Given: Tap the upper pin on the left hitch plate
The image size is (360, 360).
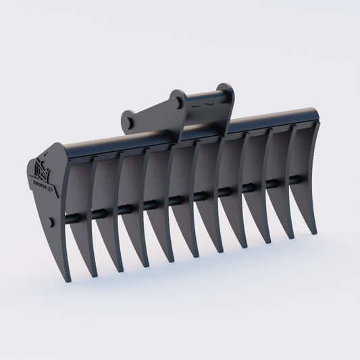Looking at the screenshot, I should (x=178, y=101).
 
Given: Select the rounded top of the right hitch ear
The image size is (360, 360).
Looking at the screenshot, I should (x=227, y=88).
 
